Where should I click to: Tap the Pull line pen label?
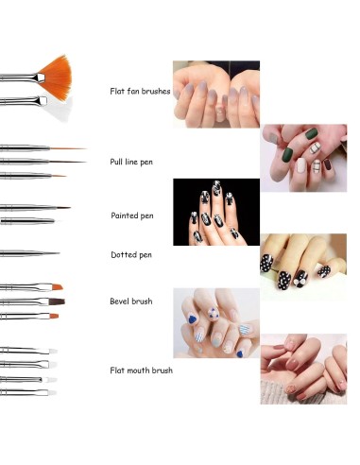[132, 162]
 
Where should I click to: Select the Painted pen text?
[132, 215]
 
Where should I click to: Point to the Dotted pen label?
[131, 254]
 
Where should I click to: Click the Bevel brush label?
[131, 301]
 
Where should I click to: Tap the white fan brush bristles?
[55, 107]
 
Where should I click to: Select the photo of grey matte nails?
[215, 95]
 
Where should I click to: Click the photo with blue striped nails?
[215, 322]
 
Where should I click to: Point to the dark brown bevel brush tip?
[56, 301]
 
